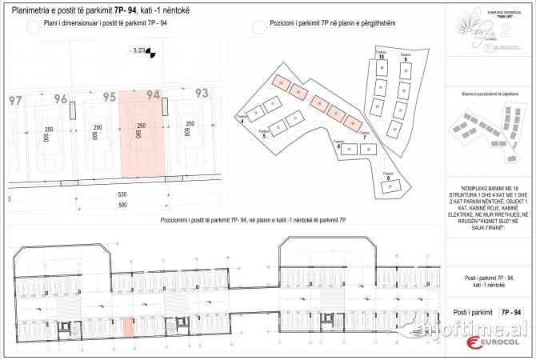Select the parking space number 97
[15, 101]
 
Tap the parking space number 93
[201, 94]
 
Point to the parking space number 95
[110, 97]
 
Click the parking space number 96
[61, 99]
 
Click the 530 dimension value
[122, 194]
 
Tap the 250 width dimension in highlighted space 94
[142, 126]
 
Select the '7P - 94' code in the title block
[511, 312]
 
